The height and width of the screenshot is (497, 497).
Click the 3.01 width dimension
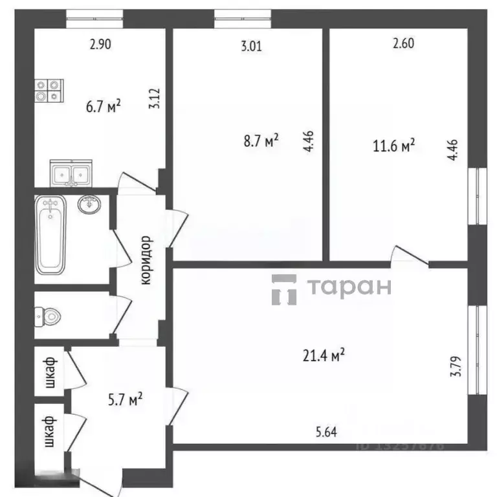tap(252, 45)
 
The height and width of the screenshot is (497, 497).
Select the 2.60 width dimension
tap(403, 44)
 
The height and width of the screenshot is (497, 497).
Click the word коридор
tap(146, 260)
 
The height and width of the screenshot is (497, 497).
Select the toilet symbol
tap(50, 316)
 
